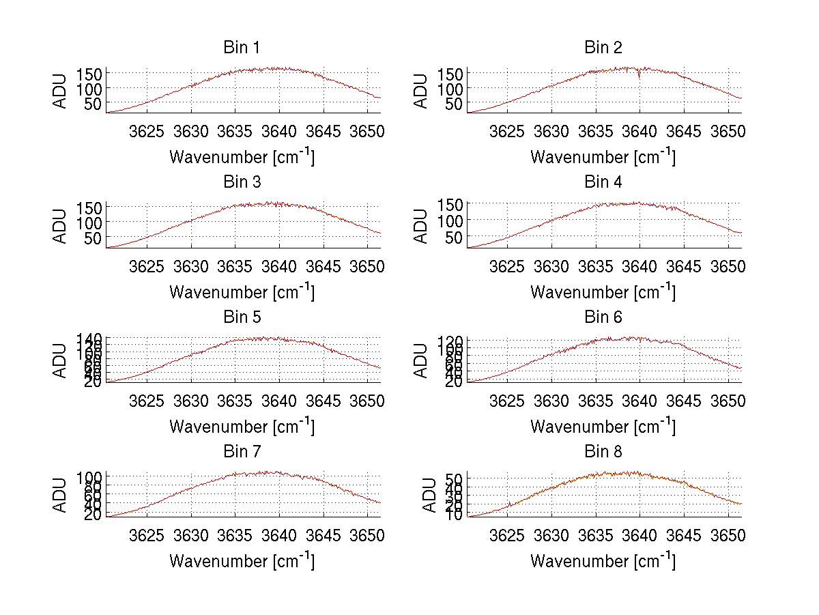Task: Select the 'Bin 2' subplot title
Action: [x=603, y=48]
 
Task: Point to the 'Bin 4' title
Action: [x=603, y=182]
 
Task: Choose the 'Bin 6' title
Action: [x=603, y=317]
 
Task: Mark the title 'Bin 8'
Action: [x=603, y=451]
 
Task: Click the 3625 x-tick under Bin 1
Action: [x=147, y=131]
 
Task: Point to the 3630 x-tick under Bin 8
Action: [x=551, y=534]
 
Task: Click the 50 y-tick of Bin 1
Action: [x=94, y=103]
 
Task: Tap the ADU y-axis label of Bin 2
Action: [x=421, y=91]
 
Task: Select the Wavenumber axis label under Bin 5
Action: [x=242, y=427]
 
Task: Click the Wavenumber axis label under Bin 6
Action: [x=603, y=427]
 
